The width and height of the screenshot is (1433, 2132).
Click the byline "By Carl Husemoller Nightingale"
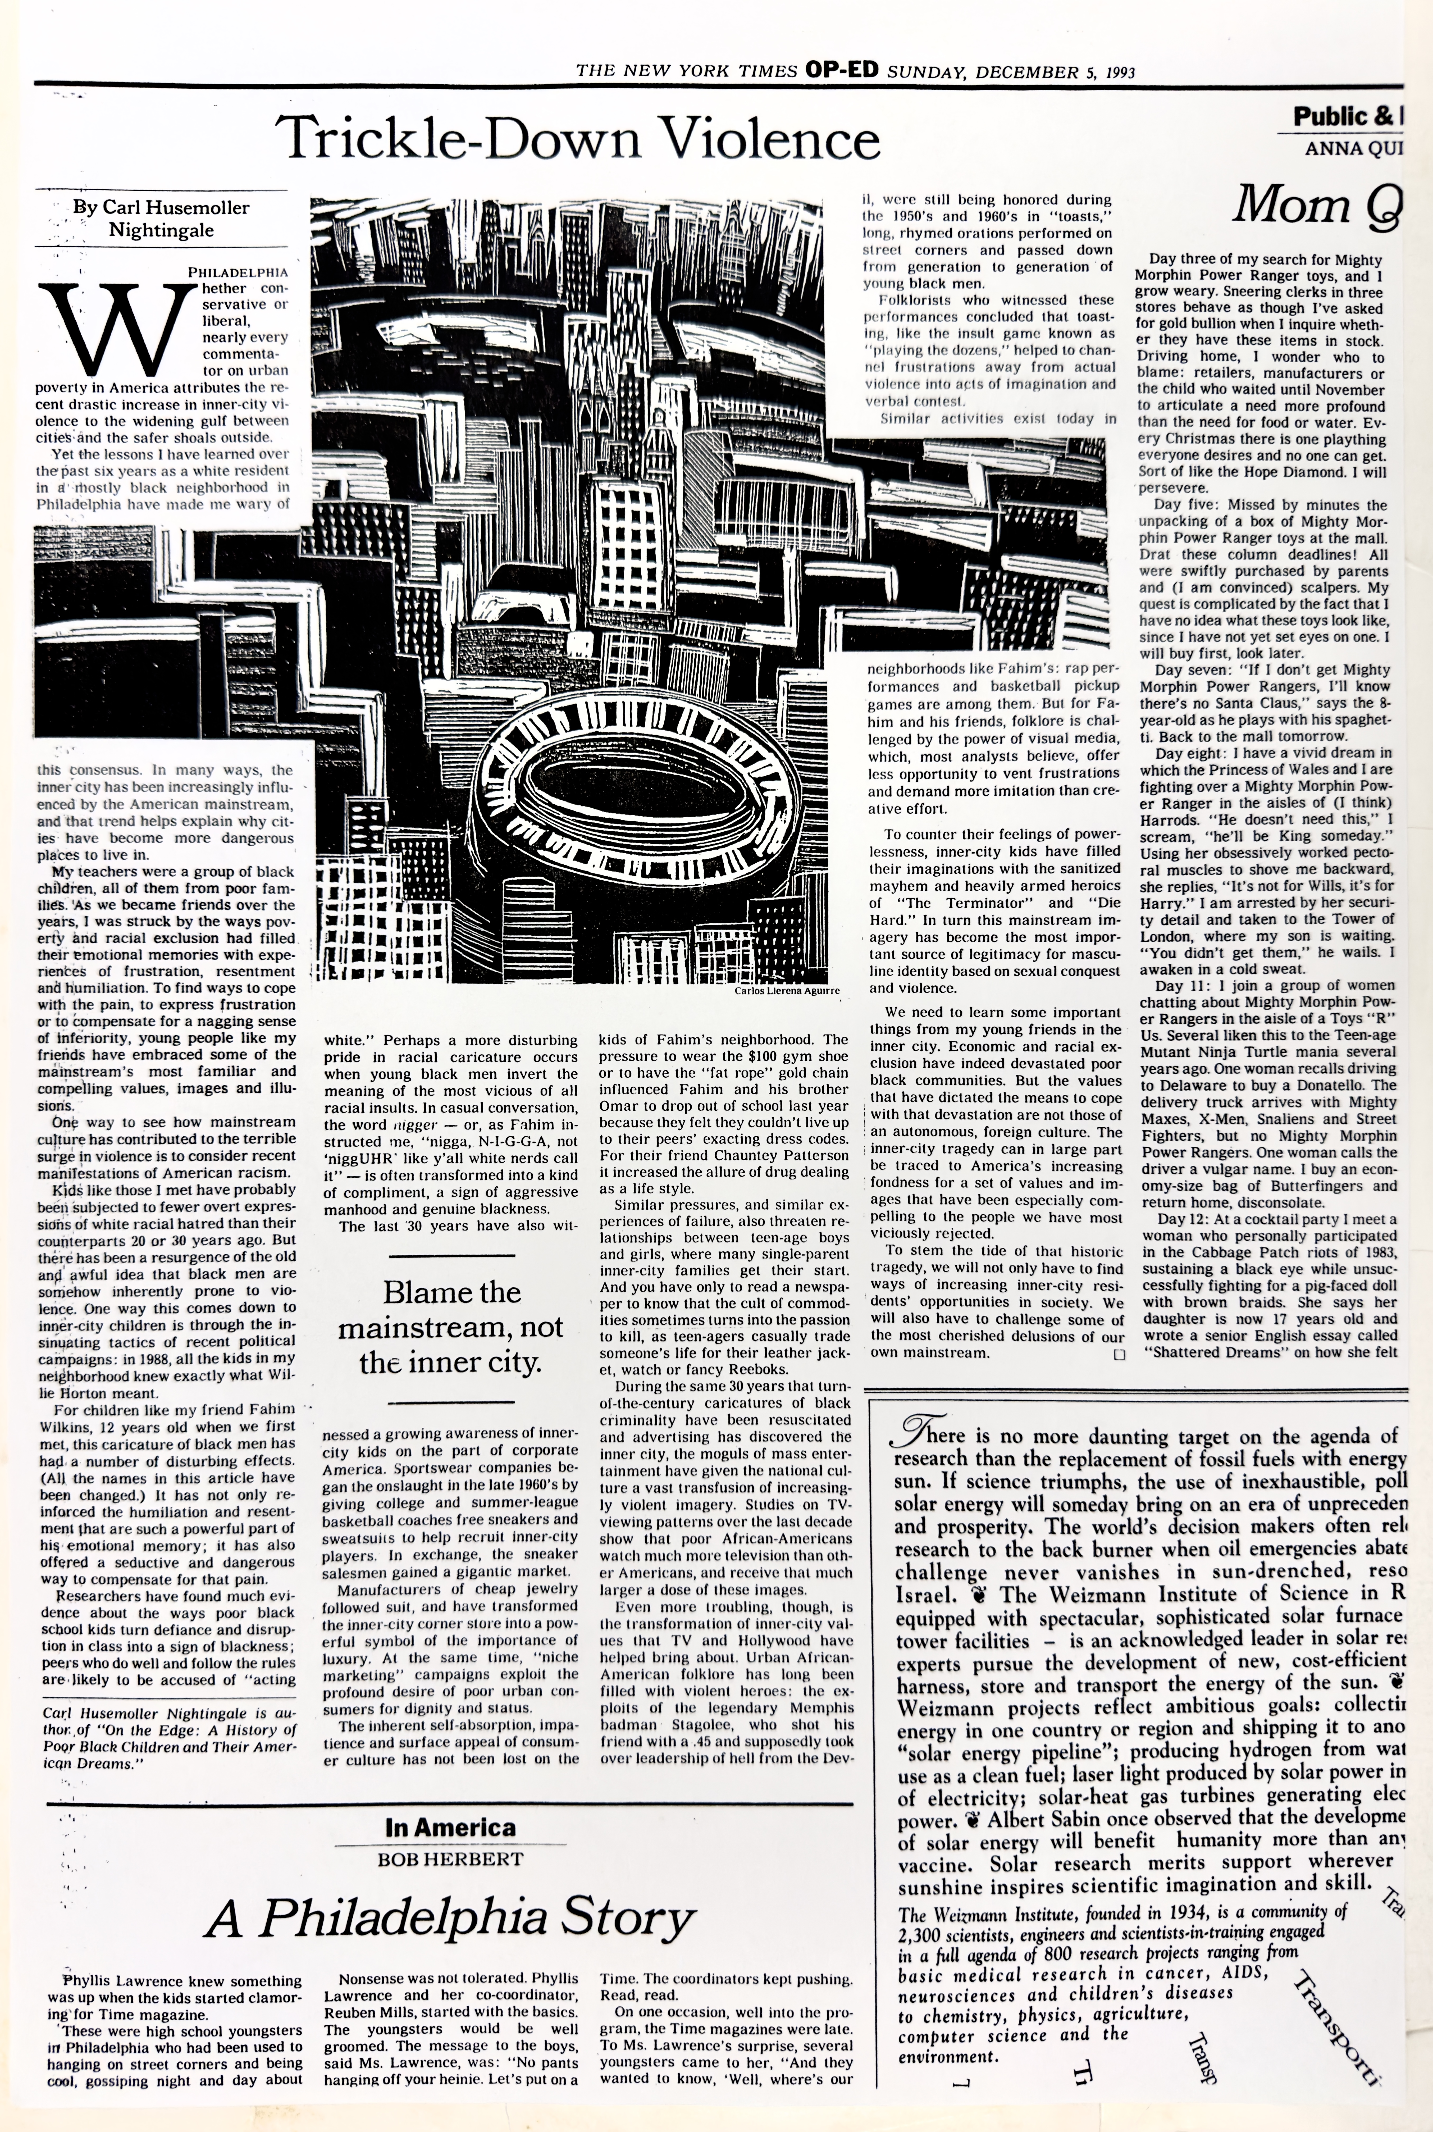(161, 218)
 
